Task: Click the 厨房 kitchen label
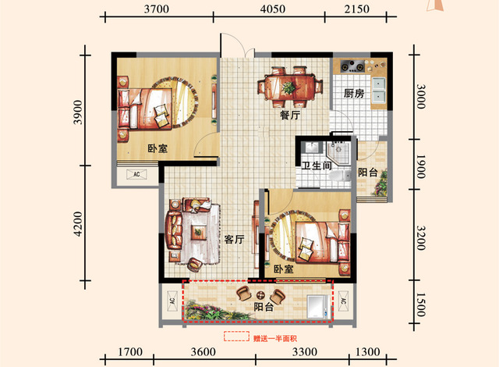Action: [353, 94]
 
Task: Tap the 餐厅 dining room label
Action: [290, 115]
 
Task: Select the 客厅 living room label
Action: [234, 239]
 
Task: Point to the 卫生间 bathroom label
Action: [317, 166]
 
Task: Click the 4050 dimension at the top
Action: [273, 9]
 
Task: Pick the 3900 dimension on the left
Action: [78, 112]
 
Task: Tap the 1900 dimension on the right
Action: [421, 166]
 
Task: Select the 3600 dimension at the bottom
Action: [203, 351]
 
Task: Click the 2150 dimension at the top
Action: [357, 9]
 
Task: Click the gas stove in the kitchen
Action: [352, 66]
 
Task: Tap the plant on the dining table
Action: [288, 87]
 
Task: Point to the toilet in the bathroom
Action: [340, 176]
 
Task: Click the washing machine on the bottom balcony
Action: [317, 306]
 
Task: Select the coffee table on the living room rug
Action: [198, 232]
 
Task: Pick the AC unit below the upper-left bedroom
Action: [136, 174]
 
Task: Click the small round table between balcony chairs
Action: [260, 294]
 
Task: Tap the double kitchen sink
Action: [378, 90]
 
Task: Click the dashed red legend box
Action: [236, 336]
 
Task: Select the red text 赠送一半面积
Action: [275, 338]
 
